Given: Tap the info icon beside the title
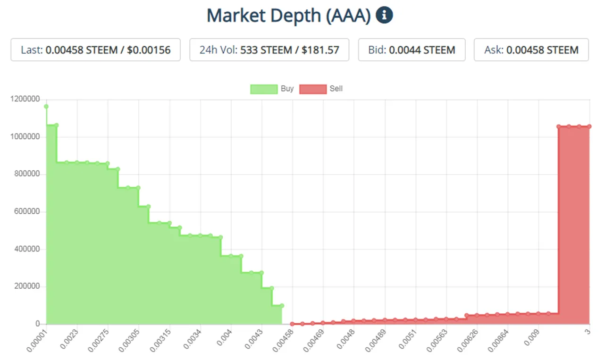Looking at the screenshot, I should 385,15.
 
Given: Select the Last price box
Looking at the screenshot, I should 95,50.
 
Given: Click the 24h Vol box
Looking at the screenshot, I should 269,50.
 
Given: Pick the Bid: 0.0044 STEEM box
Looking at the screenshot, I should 411,50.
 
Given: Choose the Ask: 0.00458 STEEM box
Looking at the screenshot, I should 531,50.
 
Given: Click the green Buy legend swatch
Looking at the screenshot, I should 264,89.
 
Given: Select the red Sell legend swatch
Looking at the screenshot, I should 313,89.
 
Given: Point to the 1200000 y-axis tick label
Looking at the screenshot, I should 25,99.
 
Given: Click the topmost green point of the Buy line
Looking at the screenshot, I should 46,107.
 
